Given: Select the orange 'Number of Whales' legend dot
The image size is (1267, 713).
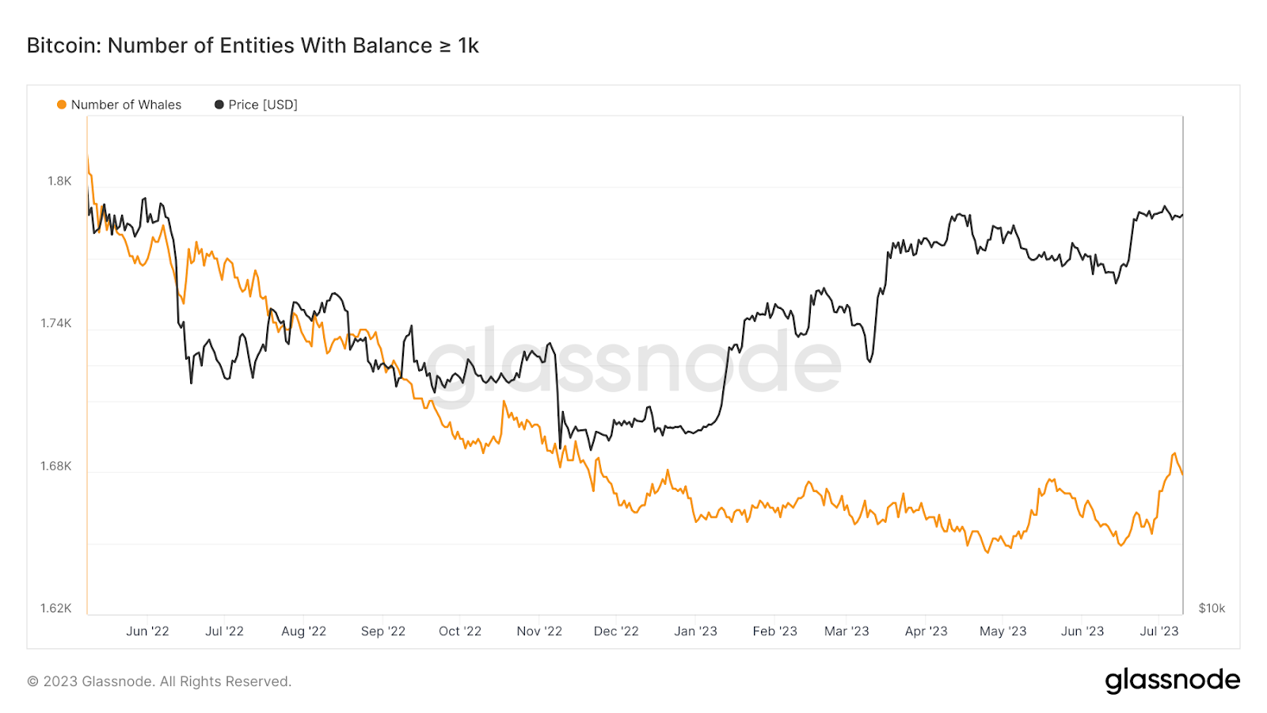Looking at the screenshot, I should (62, 105).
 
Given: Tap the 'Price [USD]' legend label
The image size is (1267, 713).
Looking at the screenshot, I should (263, 105).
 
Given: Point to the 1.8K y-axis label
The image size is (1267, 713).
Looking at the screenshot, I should (59, 181).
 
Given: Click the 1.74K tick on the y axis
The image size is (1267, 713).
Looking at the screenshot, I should (56, 323).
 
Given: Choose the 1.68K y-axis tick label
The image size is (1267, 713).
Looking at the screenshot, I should (56, 466).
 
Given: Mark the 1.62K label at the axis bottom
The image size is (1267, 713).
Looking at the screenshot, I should (56, 608).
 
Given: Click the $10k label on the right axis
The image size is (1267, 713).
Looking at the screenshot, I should (1212, 608).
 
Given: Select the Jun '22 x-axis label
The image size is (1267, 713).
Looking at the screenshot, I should (147, 631).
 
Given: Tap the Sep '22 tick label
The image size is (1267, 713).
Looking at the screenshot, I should (383, 631).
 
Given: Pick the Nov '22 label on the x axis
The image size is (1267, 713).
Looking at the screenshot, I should (539, 631).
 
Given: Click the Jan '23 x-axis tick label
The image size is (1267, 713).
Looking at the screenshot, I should (695, 631).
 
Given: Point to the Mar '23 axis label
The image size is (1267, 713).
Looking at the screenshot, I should (847, 631).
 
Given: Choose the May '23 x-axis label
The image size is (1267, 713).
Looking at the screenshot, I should (1003, 631).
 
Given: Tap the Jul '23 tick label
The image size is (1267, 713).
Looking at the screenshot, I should (1159, 631).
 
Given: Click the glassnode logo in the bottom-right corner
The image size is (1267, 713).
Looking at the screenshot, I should (1172, 681).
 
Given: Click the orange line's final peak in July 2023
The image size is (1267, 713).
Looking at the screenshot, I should (1174, 454).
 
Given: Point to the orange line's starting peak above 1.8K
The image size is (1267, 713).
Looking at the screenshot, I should (88, 158).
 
